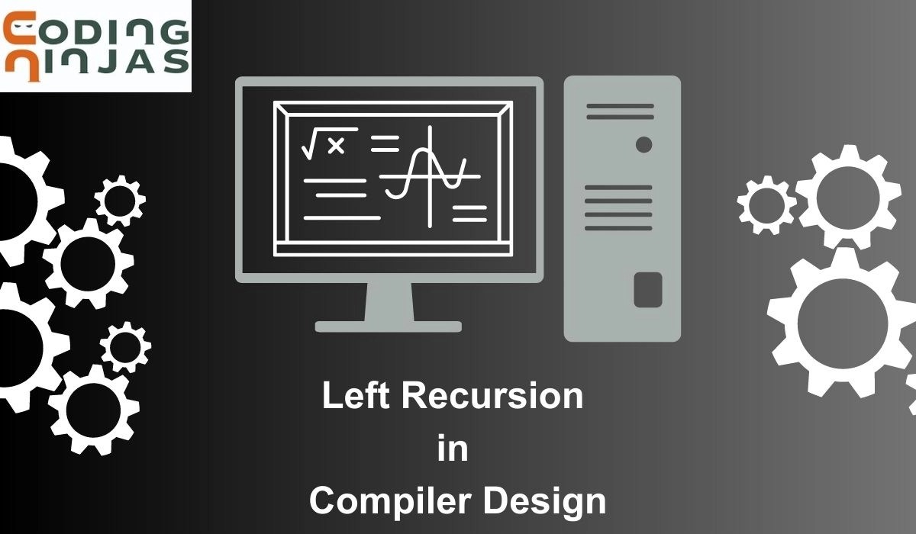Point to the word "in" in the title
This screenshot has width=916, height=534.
click(453, 449)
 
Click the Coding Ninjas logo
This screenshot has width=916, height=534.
click(95, 46)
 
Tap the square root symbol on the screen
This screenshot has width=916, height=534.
click(311, 144)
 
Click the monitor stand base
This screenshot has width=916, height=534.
click(389, 327)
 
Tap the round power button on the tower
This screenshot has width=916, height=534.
click(643, 144)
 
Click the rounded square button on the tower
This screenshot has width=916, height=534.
click(647, 290)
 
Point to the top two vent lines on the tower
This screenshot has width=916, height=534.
click(620, 111)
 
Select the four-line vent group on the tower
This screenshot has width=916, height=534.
click(618, 207)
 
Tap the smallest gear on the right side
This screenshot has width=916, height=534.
click(766, 204)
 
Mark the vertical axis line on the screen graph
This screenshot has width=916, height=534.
click(430, 175)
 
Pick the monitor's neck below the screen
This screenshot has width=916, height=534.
click(389, 301)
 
